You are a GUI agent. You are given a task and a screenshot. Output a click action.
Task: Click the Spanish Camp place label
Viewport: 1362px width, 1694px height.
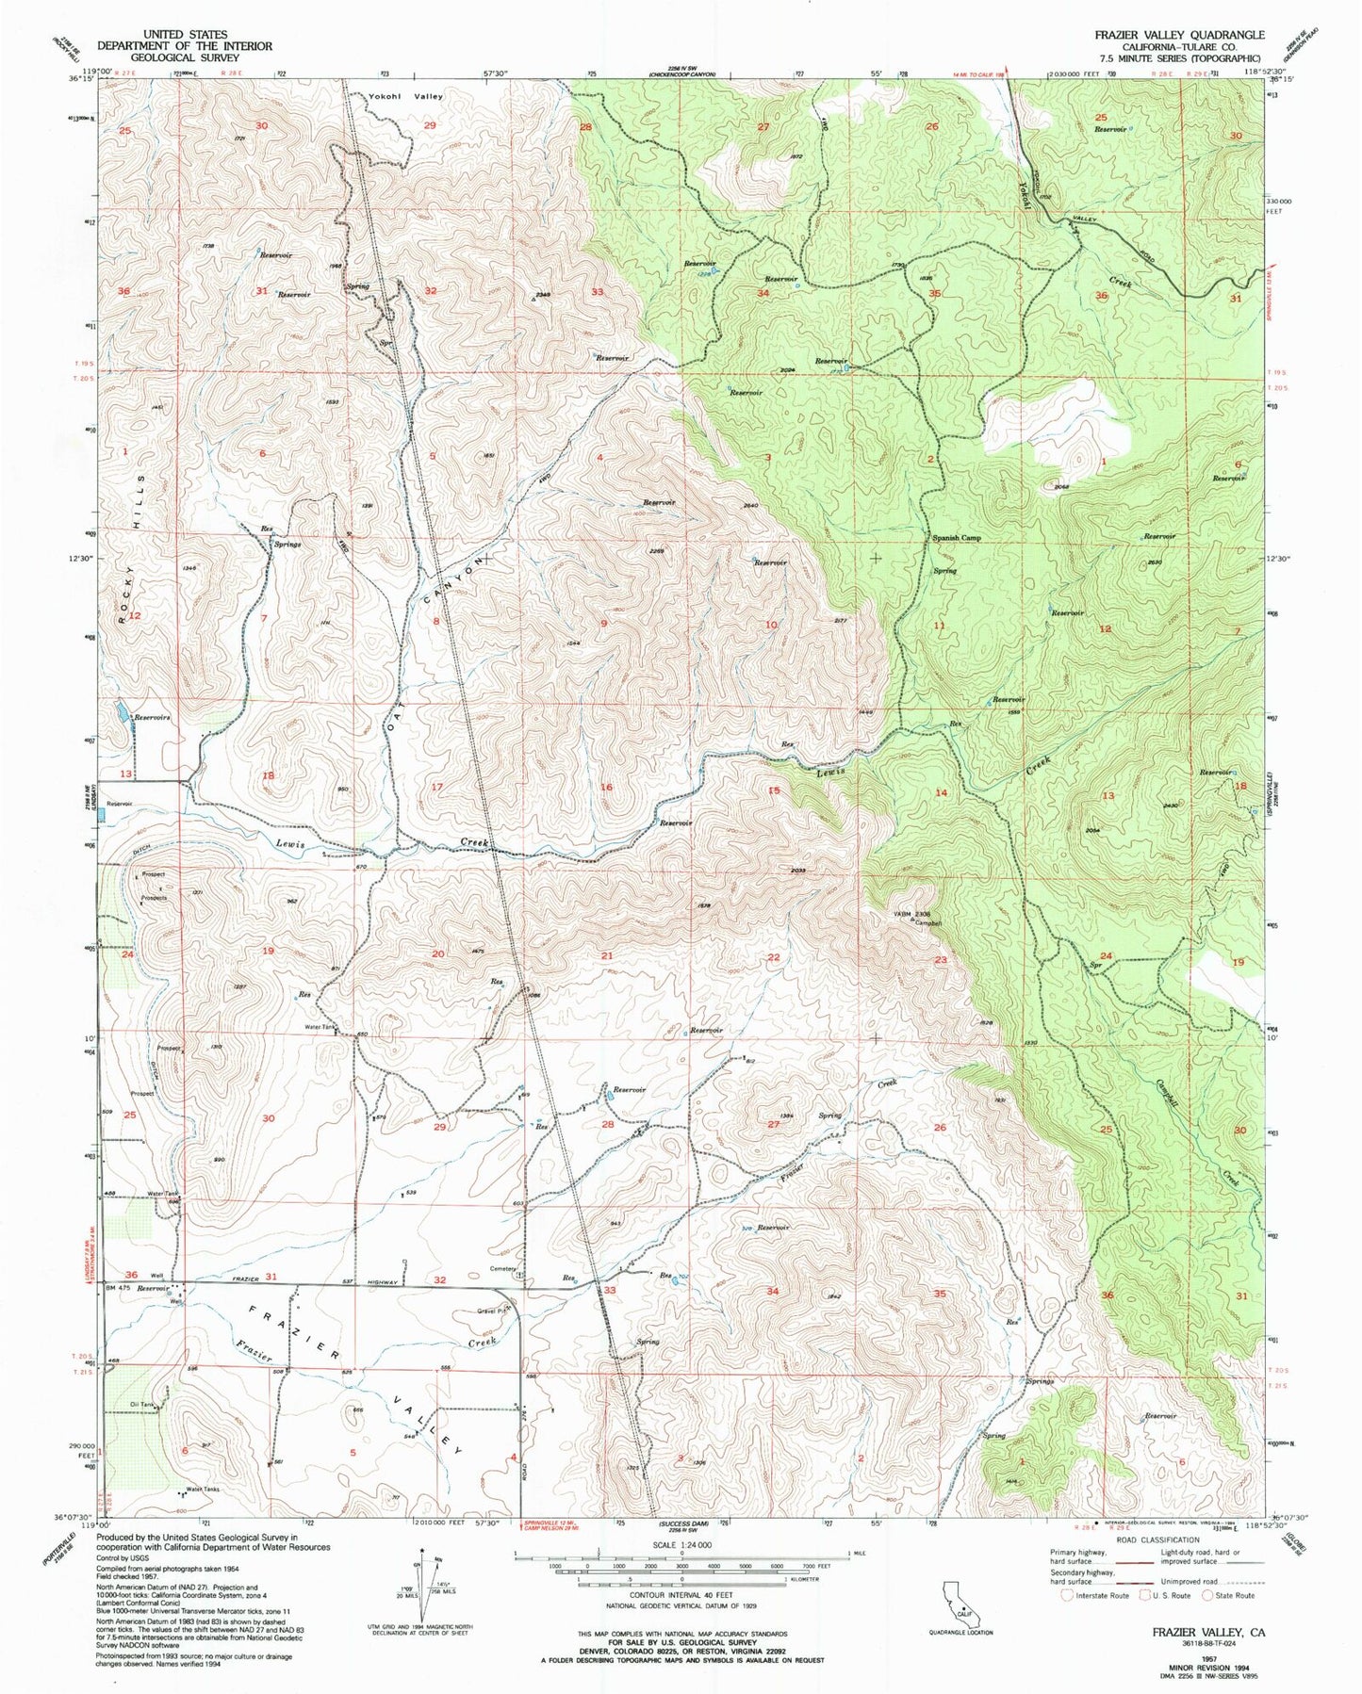957,538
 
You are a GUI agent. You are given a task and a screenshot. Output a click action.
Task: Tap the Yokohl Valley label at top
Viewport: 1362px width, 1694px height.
406,96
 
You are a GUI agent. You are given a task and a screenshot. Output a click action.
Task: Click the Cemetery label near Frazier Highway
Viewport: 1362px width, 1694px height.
502,1268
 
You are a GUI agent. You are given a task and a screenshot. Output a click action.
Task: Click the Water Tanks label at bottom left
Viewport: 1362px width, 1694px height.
203,1490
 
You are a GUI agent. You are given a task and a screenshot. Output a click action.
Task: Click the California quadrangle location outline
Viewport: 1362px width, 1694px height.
957,1596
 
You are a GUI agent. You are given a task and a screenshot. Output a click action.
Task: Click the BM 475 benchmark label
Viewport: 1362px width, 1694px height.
120,1287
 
